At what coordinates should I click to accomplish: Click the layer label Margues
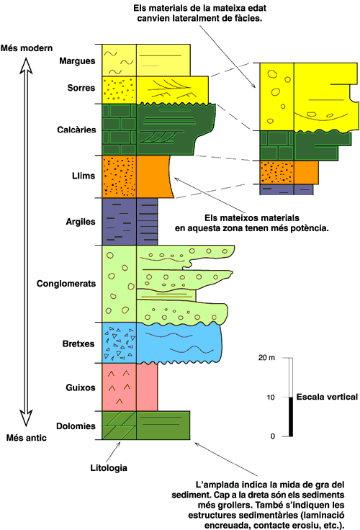click(77, 61)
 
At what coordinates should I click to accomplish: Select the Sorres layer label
click(81, 88)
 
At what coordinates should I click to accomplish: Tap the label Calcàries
click(76, 130)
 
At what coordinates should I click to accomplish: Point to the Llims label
click(84, 176)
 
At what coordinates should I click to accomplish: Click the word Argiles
click(81, 222)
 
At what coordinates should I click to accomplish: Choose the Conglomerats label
click(66, 284)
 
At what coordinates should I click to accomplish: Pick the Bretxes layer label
click(78, 343)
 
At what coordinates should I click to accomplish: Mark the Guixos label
click(81, 387)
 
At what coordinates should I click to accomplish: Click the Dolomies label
click(76, 426)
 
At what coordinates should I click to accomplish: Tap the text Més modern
click(27, 48)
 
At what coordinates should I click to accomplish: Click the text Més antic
click(27, 438)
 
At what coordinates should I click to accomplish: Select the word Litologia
click(109, 468)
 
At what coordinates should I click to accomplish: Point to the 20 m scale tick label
click(266, 358)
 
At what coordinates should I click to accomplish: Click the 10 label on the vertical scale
click(271, 397)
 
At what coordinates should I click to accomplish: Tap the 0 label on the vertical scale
click(273, 436)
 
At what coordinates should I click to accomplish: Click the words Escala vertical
click(327, 397)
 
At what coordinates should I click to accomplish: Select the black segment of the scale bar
click(291, 417)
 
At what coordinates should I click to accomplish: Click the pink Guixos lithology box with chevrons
click(120, 387)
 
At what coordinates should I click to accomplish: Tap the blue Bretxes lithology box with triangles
click(120, 343)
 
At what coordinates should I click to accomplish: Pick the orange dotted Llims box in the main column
click(120, 176)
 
